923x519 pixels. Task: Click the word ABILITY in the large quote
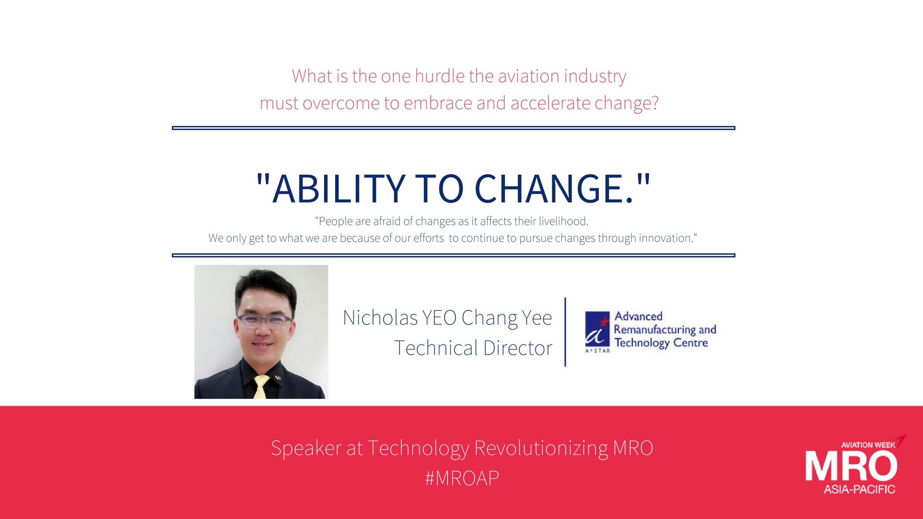coord(338,188)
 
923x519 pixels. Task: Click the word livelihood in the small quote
coord(563,221)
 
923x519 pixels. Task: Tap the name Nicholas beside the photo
coord(380,318)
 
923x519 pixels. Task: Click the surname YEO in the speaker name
coord(439,318)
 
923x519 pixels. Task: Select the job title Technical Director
coord(474,348)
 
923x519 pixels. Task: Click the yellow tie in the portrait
coord(261,387)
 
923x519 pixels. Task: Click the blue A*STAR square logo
coord(597,329)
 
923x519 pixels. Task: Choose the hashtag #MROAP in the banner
coord(462,478)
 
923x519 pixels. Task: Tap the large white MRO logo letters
coord(851,466)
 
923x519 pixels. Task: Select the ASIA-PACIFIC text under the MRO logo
coord(860,489)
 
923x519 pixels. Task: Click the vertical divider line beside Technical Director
coord(565,332)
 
